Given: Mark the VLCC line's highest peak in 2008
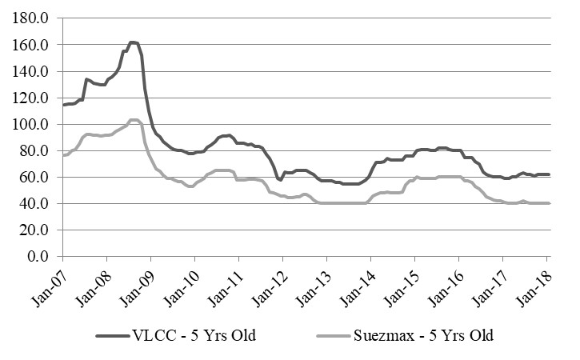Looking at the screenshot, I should (x=133, y=42).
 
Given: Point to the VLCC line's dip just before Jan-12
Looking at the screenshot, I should (x=279, y=180).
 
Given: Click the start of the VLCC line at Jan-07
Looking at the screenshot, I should (x=62, y=105).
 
